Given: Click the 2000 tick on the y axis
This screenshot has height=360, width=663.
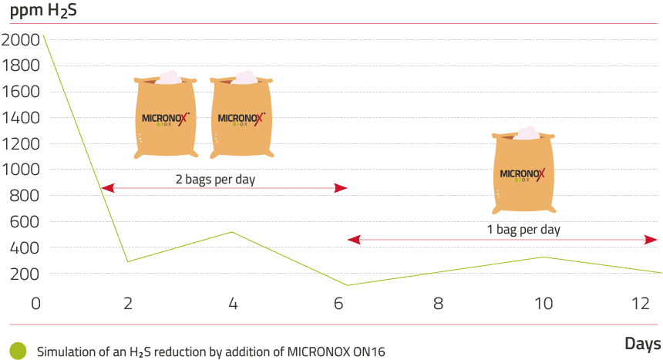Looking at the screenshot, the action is point(20,40).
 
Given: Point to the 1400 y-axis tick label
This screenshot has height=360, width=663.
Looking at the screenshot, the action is point(21,118).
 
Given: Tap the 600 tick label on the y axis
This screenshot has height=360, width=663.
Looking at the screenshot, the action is point(25,222).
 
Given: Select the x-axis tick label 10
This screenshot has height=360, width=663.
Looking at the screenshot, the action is point(544,303).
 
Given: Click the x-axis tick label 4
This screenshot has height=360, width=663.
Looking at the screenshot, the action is point(233,303).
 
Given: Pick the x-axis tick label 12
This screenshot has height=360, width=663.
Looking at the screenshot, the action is point(640,303).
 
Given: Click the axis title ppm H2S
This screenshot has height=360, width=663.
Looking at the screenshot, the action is point(43,11).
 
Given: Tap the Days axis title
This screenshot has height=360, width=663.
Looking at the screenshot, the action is point(643,344).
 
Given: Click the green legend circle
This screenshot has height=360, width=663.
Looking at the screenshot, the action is point(18,351).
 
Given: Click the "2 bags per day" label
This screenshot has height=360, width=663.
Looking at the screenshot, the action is point(215,180).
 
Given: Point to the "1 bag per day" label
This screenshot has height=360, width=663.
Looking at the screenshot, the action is point(523,230).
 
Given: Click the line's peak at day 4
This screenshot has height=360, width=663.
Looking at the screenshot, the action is point(231,232).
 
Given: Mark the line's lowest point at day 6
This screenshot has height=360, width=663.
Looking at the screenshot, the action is point(347,285).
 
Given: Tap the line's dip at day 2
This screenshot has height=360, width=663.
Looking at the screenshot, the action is point(128,261).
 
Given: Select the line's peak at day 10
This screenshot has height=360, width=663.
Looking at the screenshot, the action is point(544,257).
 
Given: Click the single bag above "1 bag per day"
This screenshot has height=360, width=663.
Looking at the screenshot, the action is point(523,170).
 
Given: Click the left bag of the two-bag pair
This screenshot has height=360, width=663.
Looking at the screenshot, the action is point(165,115).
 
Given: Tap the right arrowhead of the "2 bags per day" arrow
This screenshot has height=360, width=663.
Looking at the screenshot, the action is point(341,188).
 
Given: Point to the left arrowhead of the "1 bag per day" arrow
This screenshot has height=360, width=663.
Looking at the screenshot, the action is point(354,240).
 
